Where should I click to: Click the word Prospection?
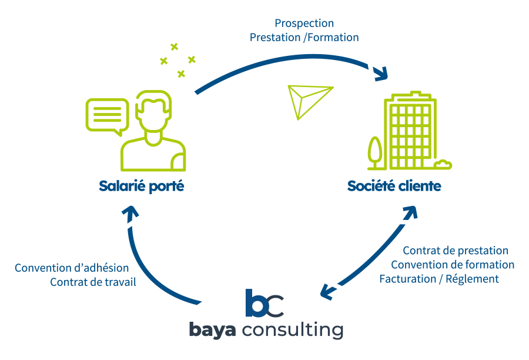click(x=304, y=24)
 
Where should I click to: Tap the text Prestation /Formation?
click(x=304, y=37)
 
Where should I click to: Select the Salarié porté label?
click(x=142, y=186)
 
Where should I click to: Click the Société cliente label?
click(x=394, y=186)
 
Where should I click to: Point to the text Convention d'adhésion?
click(x=72, y=268)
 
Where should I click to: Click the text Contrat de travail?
click(x=93, y=282)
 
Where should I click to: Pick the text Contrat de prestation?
click(x=456, y=251)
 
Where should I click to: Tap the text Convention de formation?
click(x=453, y=265)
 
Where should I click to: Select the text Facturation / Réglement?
click(x=439, y=279)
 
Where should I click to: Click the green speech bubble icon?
click(x=107, y=114)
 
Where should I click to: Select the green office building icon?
click(x=410, y=133)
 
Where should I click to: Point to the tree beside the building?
click(x=374, y=151)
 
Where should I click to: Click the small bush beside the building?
click(x=444, y=164)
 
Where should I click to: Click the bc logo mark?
click(x=264, y=304)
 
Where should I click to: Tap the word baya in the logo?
click(x=212, y=329)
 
